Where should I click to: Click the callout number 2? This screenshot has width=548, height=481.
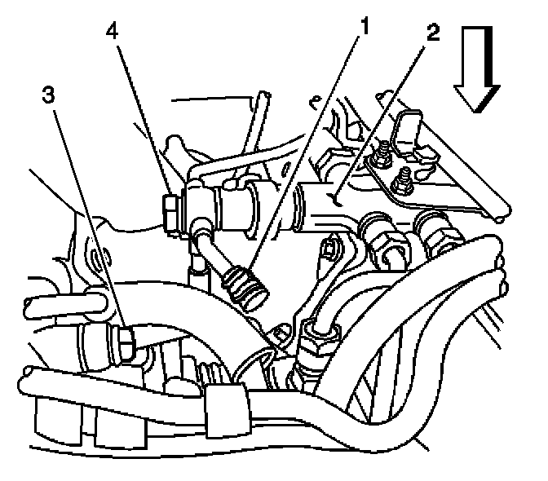pyautogui.click(x=432, y=33)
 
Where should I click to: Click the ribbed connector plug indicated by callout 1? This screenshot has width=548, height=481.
pyautogui.click(x=245, y=287)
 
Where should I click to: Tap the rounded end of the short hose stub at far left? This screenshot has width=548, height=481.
pyautogui.click(x=29, y=309)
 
